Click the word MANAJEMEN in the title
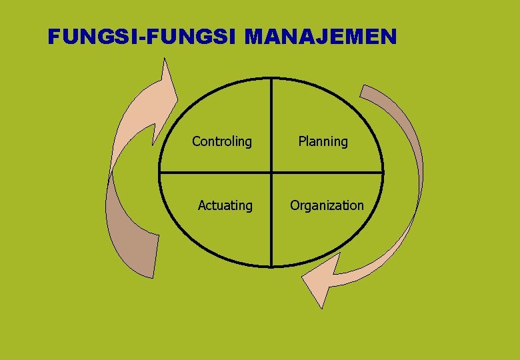click(321, 37)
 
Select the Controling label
click(222, 141)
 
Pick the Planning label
click(323, 141)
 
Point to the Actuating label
click(225, 205)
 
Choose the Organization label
click(327, 205)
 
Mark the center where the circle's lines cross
click(271, 173)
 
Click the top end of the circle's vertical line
click(271, 79)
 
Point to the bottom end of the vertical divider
click(271, 266)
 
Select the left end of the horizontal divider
click(159, 173)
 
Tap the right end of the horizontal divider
click(383, 173)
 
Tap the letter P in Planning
click(301, 141)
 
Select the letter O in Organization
click(294, 205)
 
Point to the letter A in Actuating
click(201, 205)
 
